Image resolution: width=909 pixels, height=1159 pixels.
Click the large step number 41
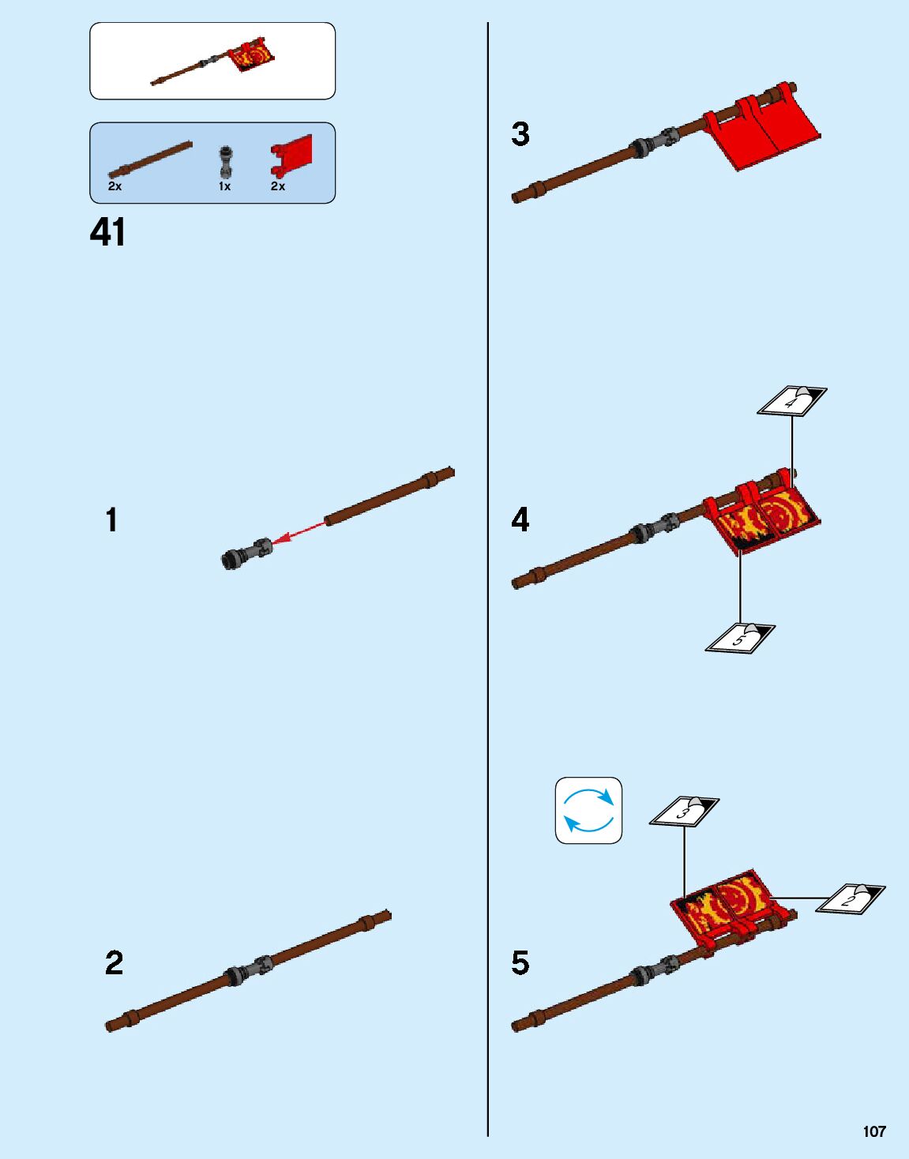pyautogui.click(x=108, y=233)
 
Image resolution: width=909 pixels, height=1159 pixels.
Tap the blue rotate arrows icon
pyautogui.click(x=588, y=810)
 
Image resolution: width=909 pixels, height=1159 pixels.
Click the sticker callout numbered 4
pyautogui.click(x=792, y=400)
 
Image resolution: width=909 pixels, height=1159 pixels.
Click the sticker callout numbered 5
pyautogui.click(x=740, y=638)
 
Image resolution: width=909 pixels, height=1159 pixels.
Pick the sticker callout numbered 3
pyautogui.click(x=685, y=810)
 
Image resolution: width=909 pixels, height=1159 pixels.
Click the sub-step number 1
pyautogui.click(x=112, y=521)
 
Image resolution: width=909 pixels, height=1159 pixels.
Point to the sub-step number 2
pyautogui.click(x=114, y=963)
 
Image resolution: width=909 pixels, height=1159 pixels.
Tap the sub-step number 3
pyautogui.click(x=520, y=134)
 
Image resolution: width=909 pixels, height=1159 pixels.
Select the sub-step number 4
pyautogui.click(x=520, y=521)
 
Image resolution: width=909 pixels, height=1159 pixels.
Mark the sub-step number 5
pyautogui.click(x=520, y=963)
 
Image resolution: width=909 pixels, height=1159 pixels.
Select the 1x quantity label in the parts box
pyautogui.click(x=225, y=186)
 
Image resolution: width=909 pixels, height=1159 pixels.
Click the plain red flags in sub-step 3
pyautogui.click(x=762, y=130)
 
